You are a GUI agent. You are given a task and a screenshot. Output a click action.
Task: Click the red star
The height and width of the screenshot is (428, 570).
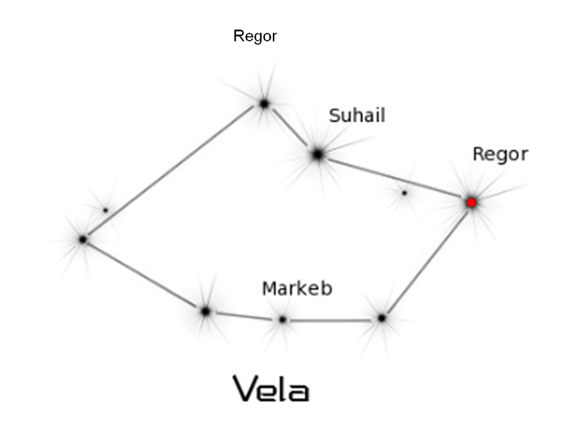pyautogui.click(x=471, y=203)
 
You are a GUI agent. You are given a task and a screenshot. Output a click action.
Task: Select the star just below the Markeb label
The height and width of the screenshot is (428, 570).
pyautogui.click(x=283, y=320)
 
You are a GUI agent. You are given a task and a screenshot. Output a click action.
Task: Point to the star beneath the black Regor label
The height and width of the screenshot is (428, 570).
pyautogui.click(x=264, y=103)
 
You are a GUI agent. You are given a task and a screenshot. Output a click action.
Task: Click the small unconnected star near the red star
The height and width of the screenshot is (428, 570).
pyautogui.click(x=404, y=193)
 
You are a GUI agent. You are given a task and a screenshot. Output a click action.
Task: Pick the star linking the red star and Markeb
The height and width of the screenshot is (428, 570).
pyautogui.click(x=382, y=317)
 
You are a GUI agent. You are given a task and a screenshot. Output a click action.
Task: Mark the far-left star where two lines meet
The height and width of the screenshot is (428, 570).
pyautogui.click(x=83, y=240)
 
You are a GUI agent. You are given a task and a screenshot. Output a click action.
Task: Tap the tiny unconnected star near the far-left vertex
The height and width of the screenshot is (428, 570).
pyautogui.click(x=105, y=210)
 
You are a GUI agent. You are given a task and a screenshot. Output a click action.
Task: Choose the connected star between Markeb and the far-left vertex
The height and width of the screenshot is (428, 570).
pyautogui.click(x=205, y=311)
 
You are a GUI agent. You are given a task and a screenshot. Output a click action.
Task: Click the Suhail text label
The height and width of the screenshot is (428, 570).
pyautogui.click(x=357, y=116)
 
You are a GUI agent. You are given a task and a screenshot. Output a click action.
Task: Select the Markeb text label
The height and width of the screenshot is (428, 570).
pyautogui.click(x=297, y=289)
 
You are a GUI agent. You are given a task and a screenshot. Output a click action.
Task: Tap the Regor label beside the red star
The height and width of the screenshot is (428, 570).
pyautogui.click(x=500, y=154)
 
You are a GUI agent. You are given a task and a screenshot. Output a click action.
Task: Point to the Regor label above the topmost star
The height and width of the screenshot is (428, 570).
pyautogui.click(x=255, y=36)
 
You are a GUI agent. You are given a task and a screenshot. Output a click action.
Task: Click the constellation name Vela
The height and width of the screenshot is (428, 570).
pyautogui.click(x=271, y=388)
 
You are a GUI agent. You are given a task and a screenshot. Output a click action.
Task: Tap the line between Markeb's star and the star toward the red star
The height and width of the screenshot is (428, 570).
pyautogui.click(x=332, y=320)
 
